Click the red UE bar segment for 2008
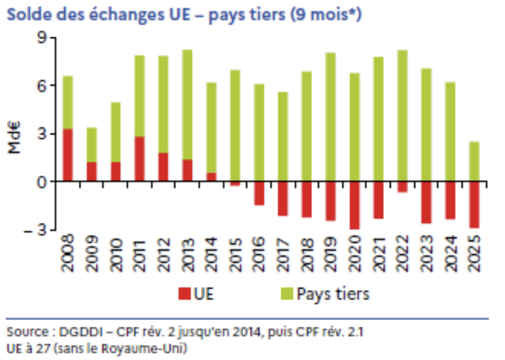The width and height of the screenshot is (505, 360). click(x=67, y=155)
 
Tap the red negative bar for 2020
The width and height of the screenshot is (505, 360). click(x=354, y=205)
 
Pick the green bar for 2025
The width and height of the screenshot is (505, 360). click(x=474, y=161)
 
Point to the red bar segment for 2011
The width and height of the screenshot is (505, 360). click(x=139, y=159)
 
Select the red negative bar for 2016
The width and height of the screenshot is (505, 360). click(x=259, y=193)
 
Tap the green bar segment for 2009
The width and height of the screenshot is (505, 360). click(x=91, y=144)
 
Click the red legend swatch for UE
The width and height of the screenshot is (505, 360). click(x=184, y=293)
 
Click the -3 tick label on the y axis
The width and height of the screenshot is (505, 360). click(x=38, y=229)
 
